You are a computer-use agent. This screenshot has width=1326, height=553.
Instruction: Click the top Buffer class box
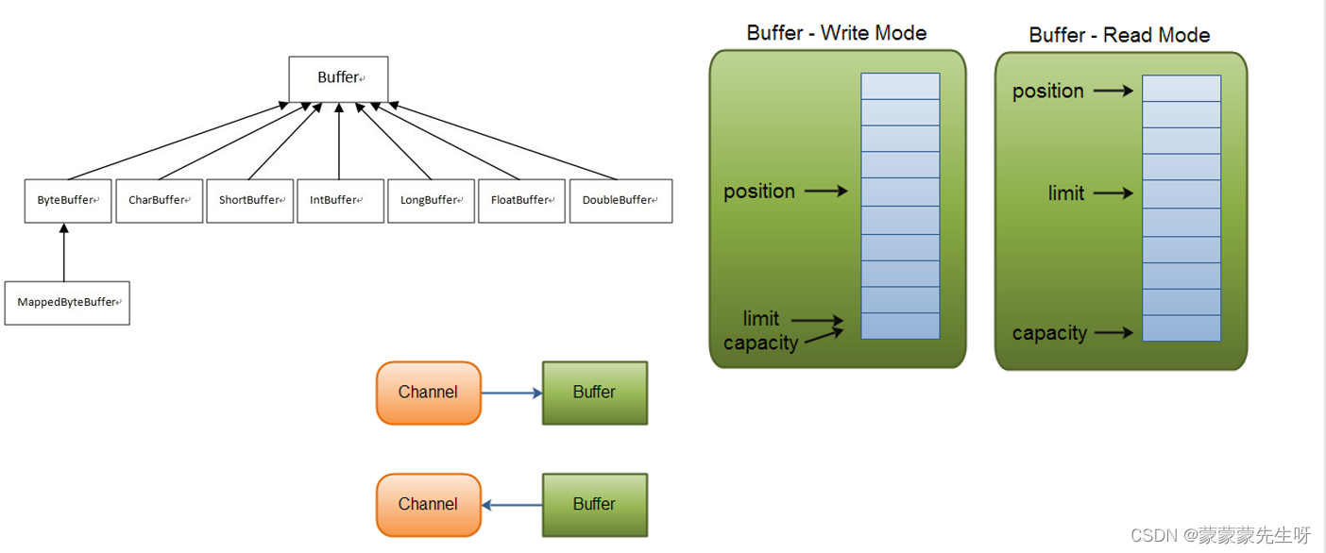coord(338,78)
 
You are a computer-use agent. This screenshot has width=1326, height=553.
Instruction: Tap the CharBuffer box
coord(159,200)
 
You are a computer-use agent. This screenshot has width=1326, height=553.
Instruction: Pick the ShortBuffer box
coord(249,200)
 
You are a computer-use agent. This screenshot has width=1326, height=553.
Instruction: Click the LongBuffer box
coord(431,200)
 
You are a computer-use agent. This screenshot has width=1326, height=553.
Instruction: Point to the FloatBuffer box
coord(521,200)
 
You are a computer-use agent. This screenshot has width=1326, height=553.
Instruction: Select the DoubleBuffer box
coord(620,200)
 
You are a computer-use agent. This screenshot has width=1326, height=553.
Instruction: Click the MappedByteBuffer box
coord(67,302)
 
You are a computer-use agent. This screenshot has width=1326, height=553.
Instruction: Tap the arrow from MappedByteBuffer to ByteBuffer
coord(64,253)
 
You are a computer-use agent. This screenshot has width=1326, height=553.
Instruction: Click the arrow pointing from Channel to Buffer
coord(511,393)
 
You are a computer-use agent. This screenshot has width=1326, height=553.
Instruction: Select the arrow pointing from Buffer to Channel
coord(511,505)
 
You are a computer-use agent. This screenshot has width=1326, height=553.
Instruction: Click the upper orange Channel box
coord(428,393)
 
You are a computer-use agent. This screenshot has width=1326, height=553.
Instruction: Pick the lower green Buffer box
coord(594,505)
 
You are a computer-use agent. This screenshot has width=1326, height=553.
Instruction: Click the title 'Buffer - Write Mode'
coord(836,33)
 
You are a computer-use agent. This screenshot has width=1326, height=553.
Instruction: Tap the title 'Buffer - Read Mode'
coord(1119,36)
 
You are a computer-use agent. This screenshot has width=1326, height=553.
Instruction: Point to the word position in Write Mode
coord(758,192)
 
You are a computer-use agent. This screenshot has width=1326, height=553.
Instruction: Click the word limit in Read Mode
coord(1065,193)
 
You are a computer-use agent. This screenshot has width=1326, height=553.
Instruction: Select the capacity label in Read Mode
coord(1049,333)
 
